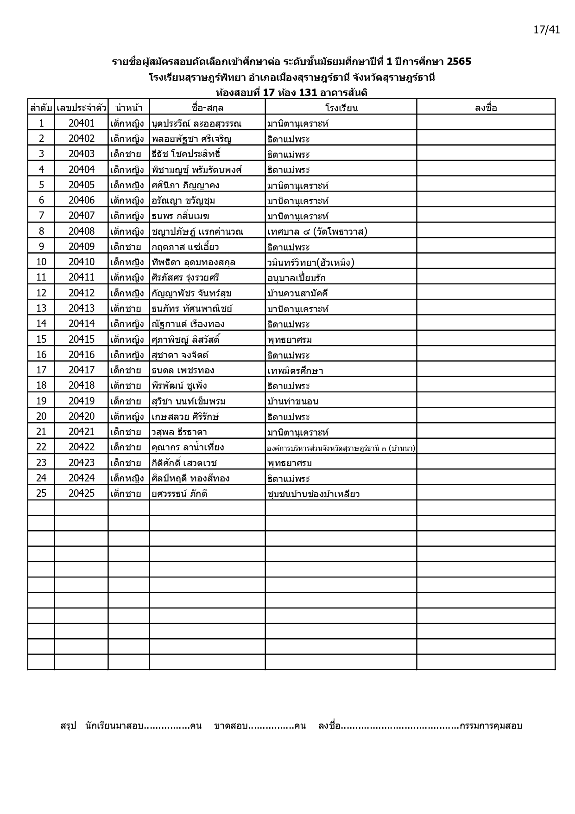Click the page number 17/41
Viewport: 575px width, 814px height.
547,30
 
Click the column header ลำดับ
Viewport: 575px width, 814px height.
41,108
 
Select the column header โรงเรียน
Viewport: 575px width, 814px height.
341,108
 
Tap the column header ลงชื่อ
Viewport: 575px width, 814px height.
486,108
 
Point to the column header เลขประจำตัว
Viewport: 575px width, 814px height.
81,108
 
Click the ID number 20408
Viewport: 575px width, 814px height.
82,231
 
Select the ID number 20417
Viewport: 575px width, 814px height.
82,370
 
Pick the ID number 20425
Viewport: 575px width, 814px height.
82,493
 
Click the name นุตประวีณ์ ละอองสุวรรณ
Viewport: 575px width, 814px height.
196,123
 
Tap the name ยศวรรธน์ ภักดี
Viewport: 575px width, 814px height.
179,494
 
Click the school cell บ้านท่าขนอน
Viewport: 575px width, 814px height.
293,401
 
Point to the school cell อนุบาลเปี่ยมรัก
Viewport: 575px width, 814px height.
297,278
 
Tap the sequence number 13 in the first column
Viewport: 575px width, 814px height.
41,308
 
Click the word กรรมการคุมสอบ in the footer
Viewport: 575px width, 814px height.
491,726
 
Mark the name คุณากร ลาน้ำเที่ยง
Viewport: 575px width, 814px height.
188,447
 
